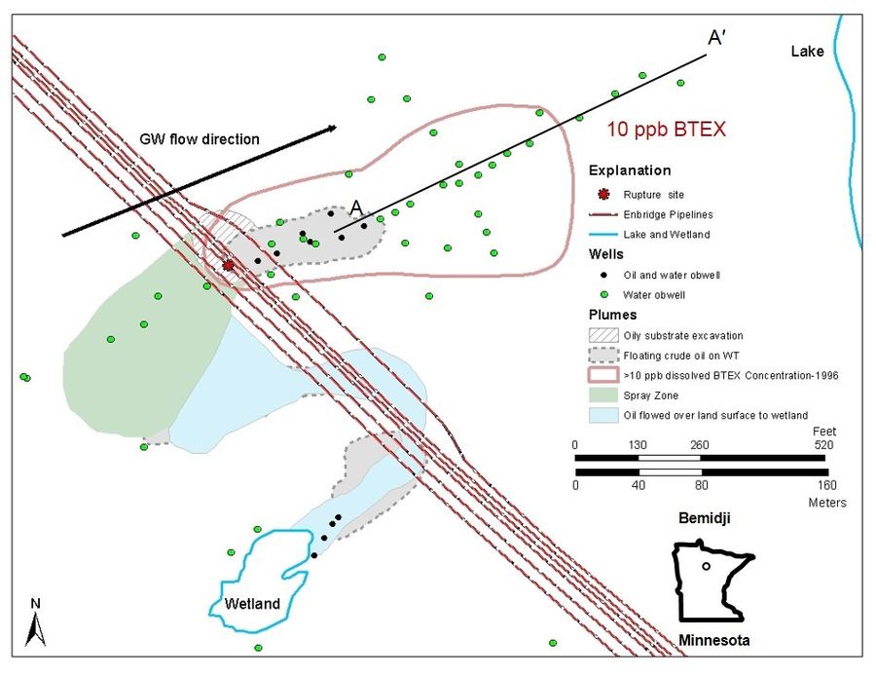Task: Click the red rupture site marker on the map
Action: click(228, 266)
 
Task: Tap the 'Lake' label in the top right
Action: click(807, 52)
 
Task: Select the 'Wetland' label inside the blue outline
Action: click(252, 604)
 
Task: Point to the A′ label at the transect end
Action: click(716, 37)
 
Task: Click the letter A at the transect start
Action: click(356, 207)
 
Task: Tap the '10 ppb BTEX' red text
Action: click(666, 130)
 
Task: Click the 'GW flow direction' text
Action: click(200, 139)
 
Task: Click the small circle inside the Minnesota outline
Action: click(707, 566)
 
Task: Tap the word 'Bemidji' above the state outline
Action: click(704, 517)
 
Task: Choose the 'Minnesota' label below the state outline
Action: click(713, 641)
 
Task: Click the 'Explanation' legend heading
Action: click(630, 170)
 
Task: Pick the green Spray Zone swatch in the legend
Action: click(603, 395)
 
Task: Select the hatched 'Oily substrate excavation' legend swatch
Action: click(603, 335)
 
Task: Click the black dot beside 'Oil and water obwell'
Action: click(603, 275)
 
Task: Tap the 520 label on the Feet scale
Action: click(822, 445)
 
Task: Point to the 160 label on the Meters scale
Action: click(826, 485)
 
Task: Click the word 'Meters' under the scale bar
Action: click(827, 503)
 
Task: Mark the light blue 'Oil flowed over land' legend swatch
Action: click(603, 415)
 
